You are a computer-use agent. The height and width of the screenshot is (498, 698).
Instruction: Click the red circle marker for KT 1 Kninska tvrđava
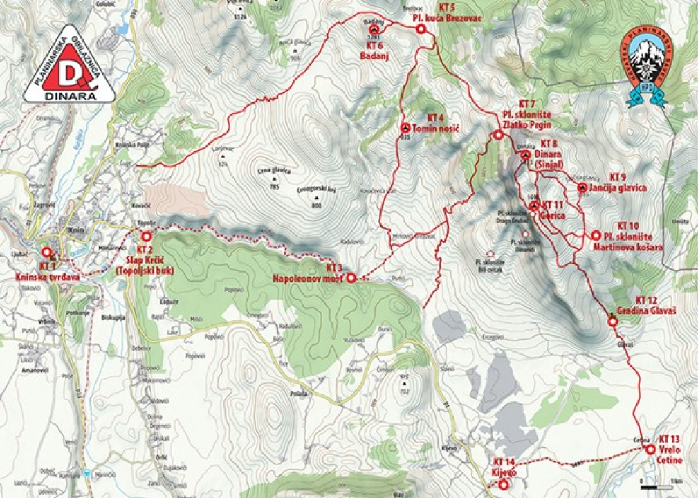tap(47, 253)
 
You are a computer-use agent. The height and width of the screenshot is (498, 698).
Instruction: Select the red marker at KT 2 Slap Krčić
tap(146, 236)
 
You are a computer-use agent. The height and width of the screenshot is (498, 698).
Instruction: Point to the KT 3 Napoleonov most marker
tap(350, 278)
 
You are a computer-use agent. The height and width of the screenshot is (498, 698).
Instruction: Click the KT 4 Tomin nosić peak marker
tap(405, 128)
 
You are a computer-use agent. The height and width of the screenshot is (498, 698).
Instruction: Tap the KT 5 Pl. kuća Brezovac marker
tap(420, 29)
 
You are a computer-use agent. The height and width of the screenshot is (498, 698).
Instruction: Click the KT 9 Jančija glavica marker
tap(582, 187)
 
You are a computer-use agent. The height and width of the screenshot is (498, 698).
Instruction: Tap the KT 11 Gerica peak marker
tap(534, 205)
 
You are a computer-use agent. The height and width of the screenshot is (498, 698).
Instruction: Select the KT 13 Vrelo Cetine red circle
tap(650, 449)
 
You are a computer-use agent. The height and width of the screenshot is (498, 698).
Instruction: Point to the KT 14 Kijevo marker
tap(503, 484)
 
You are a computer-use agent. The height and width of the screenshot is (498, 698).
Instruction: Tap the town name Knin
tap(75, 232)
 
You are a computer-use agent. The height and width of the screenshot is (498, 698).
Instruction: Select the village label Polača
tap(299, 392)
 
